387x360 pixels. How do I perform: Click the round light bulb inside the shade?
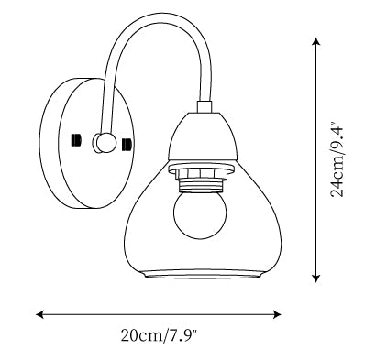coord(200,213)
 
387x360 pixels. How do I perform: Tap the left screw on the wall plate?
coord(76,140)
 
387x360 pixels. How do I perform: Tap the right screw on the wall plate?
coord(127,145)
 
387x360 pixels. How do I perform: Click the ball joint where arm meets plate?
coord(105,143)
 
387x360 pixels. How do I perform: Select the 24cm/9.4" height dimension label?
coord(337,159)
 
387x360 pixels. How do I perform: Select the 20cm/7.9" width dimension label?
coord(160,335)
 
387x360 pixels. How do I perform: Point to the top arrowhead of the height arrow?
coord(316,42)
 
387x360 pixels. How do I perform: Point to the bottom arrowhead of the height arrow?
coord(316,278)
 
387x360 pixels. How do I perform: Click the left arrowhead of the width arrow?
coord(40,314)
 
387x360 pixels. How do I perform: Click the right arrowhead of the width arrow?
coord(277,314)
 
